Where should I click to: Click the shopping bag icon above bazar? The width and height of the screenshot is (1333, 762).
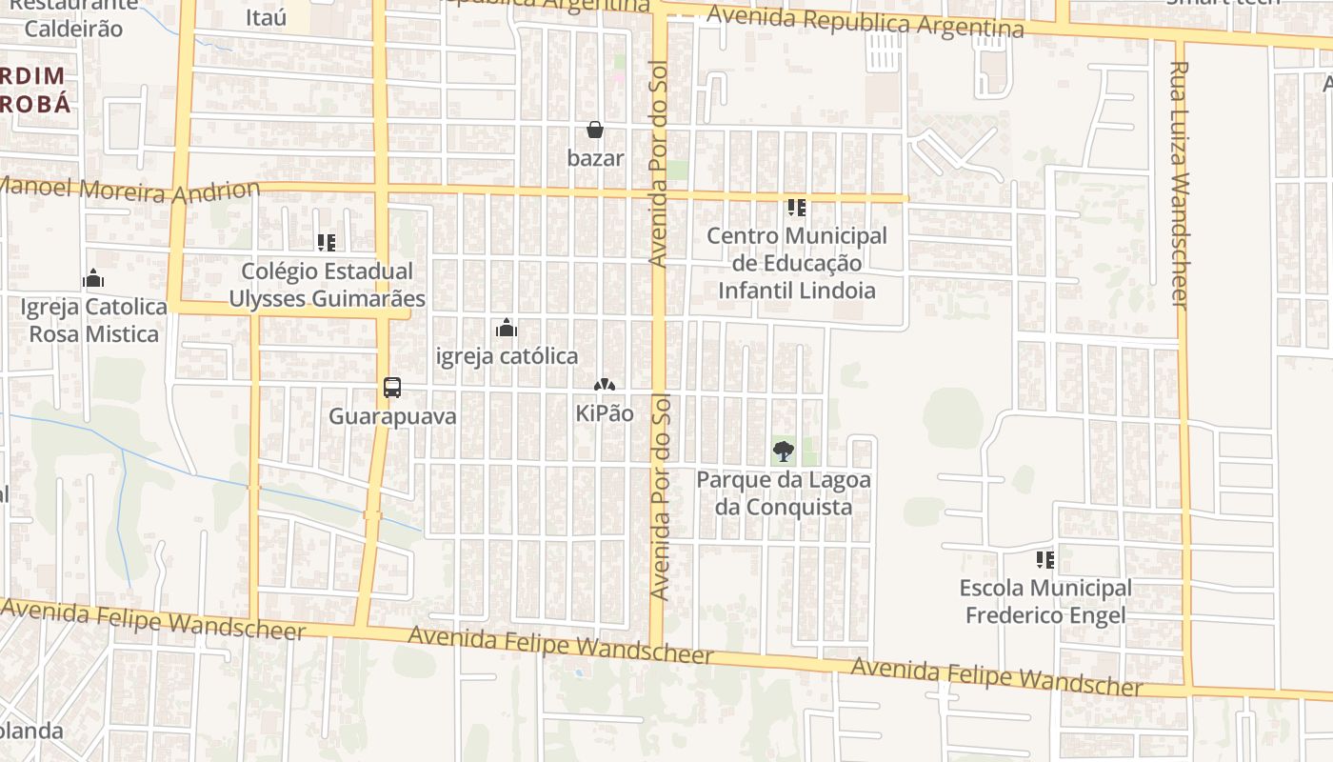tap(595, 130)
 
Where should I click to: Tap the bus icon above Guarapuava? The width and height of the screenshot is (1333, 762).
tap(391, 388)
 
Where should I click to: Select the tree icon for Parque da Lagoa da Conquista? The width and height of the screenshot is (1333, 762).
tap(784, 451)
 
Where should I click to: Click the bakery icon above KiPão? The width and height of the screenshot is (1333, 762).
tap(604, 385)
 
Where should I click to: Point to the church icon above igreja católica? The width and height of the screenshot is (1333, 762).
tap(507, 328)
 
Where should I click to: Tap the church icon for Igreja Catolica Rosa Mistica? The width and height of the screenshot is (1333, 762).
tap(93, 278)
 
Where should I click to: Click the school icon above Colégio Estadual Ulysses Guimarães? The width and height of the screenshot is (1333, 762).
tap(327, 243)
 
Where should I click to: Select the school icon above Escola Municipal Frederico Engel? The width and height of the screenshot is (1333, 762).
tap(1045, 559)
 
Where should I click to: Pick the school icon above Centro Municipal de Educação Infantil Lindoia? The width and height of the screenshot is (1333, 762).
tap(797, 207)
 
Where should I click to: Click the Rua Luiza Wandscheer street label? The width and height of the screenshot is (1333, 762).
tap(1180, 185)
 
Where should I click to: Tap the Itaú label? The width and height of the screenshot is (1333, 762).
tap(266, 17)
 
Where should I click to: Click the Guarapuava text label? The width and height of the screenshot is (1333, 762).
tap(392, 416)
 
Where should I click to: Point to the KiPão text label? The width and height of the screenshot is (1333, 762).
tap(605, 413)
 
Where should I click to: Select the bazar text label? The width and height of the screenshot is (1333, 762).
tap(596, 158)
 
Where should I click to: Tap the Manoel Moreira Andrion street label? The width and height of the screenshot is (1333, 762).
tap(130, 189)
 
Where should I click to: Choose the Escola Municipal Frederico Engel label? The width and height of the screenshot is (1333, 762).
tap(1045, 601)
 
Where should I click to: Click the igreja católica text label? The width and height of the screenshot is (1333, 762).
tap(507, 356)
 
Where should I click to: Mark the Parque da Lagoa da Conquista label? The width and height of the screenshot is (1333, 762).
tap(784, 492)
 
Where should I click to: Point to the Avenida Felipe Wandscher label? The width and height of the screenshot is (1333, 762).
tap(996, 676)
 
